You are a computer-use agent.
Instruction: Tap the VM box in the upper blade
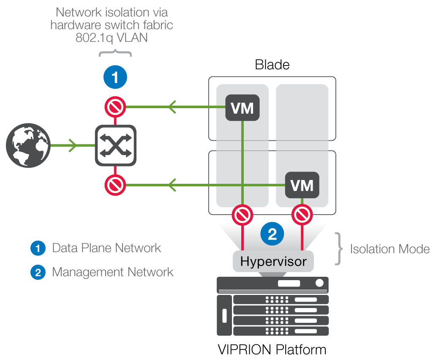[x=243, y=108]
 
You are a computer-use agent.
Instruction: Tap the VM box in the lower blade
[x=302, y=185]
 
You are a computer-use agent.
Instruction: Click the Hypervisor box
[x=273, y=261]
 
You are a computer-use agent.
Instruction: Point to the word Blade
[x=272, y=65]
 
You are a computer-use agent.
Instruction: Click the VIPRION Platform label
[x=272, y=350]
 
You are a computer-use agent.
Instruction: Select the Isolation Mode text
[x=390, y=249]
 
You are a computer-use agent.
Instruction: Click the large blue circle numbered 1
[x=115, y=77]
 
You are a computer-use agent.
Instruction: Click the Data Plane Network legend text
[x=106, y=248]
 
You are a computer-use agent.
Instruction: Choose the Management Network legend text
[x=112, y=272]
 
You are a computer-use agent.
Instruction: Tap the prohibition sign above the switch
[x=115, y=107]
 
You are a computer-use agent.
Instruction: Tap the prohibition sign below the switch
[x=115, y=185]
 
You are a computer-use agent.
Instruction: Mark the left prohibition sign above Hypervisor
[x=242, y=215]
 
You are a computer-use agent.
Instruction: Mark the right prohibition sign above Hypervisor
[x=302, y=215]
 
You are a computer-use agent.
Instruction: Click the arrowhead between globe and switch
[x=73, y=146]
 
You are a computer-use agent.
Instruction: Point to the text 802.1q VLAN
[x=112, y=38]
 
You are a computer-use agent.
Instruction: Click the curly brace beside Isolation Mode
[x=338, y=249]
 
